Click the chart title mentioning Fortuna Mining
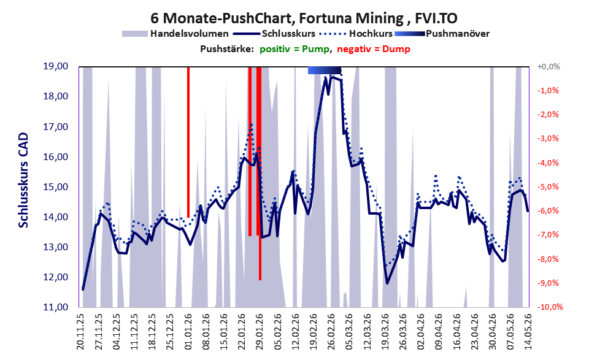point(304,18)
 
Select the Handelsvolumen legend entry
point(175,34)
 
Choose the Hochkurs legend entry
point(356,34)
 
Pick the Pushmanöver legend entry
point(442,34)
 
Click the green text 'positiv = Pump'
point(295,49)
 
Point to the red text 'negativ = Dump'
point(374,49)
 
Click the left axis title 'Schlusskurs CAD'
point(24,180)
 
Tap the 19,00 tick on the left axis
point(55,66)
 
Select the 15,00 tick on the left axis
point(55,187)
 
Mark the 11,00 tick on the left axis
point(55,307)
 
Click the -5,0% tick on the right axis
point(548,187)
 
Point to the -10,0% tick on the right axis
point(550,307)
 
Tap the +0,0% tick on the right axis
point(548,67)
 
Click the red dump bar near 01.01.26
point(188,142)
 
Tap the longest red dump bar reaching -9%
point(260,173)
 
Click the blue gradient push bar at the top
point(325,70)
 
